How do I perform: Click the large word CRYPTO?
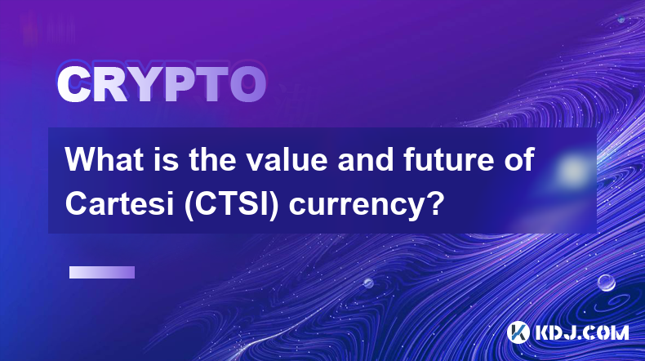tap(162, 84)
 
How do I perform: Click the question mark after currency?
tap(436, 203)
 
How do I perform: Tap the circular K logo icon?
tap(518, 332)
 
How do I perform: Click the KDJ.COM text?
tap(581, 332)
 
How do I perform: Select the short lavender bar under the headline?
tap(101, 272)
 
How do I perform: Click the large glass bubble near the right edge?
tap(606, 283)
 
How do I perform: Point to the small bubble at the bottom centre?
tap(368, 283)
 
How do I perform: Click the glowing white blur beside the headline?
tap(572, 170)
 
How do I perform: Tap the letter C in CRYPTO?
tap(74, 84)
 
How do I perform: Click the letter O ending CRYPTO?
tap(247, 84)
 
